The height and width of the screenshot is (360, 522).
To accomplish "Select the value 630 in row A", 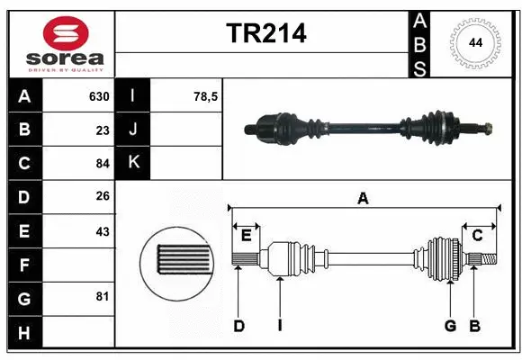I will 98,96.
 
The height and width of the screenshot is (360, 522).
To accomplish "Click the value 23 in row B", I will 103,130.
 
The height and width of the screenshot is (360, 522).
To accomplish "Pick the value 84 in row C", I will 103,164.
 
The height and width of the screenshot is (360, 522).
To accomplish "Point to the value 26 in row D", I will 103,197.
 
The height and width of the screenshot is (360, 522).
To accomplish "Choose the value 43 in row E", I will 103,231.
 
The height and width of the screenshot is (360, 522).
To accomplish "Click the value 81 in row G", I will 103,296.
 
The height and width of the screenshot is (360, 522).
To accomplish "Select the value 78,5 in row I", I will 206,96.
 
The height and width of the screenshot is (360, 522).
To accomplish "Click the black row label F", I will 23,265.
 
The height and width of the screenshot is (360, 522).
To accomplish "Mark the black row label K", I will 134,164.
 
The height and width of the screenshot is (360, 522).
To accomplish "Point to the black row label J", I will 134,130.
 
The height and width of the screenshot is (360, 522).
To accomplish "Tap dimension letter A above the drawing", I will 363,199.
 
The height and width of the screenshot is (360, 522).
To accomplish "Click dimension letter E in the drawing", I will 246,235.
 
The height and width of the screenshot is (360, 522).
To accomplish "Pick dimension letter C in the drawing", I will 478,235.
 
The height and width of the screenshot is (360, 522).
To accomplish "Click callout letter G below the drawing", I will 450,325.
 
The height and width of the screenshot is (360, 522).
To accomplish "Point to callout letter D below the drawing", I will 239,325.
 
